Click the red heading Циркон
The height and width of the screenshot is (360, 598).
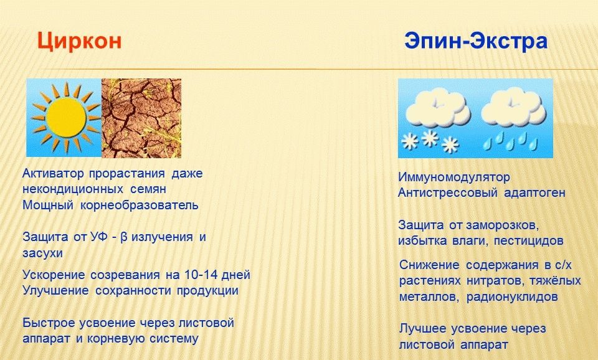(x=79, y=41)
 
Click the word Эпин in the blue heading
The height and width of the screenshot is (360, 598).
(x=432, y=40)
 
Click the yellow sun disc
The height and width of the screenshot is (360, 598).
(x=65, y=118)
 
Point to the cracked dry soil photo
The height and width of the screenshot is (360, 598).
(x=141, y=118)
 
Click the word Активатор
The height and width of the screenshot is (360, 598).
(x=53, y=174)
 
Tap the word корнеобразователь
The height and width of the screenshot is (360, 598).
(x=139, y=206)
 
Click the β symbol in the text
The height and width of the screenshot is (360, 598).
(x=123, y=237)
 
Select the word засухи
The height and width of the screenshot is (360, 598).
(x=42, y=253)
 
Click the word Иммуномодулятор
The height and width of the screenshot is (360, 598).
(x=454, y=177)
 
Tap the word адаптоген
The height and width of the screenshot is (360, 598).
(x=534, y=193)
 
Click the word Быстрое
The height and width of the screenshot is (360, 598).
(x=49, y=323)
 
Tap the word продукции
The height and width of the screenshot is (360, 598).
(x=207, y=291)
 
